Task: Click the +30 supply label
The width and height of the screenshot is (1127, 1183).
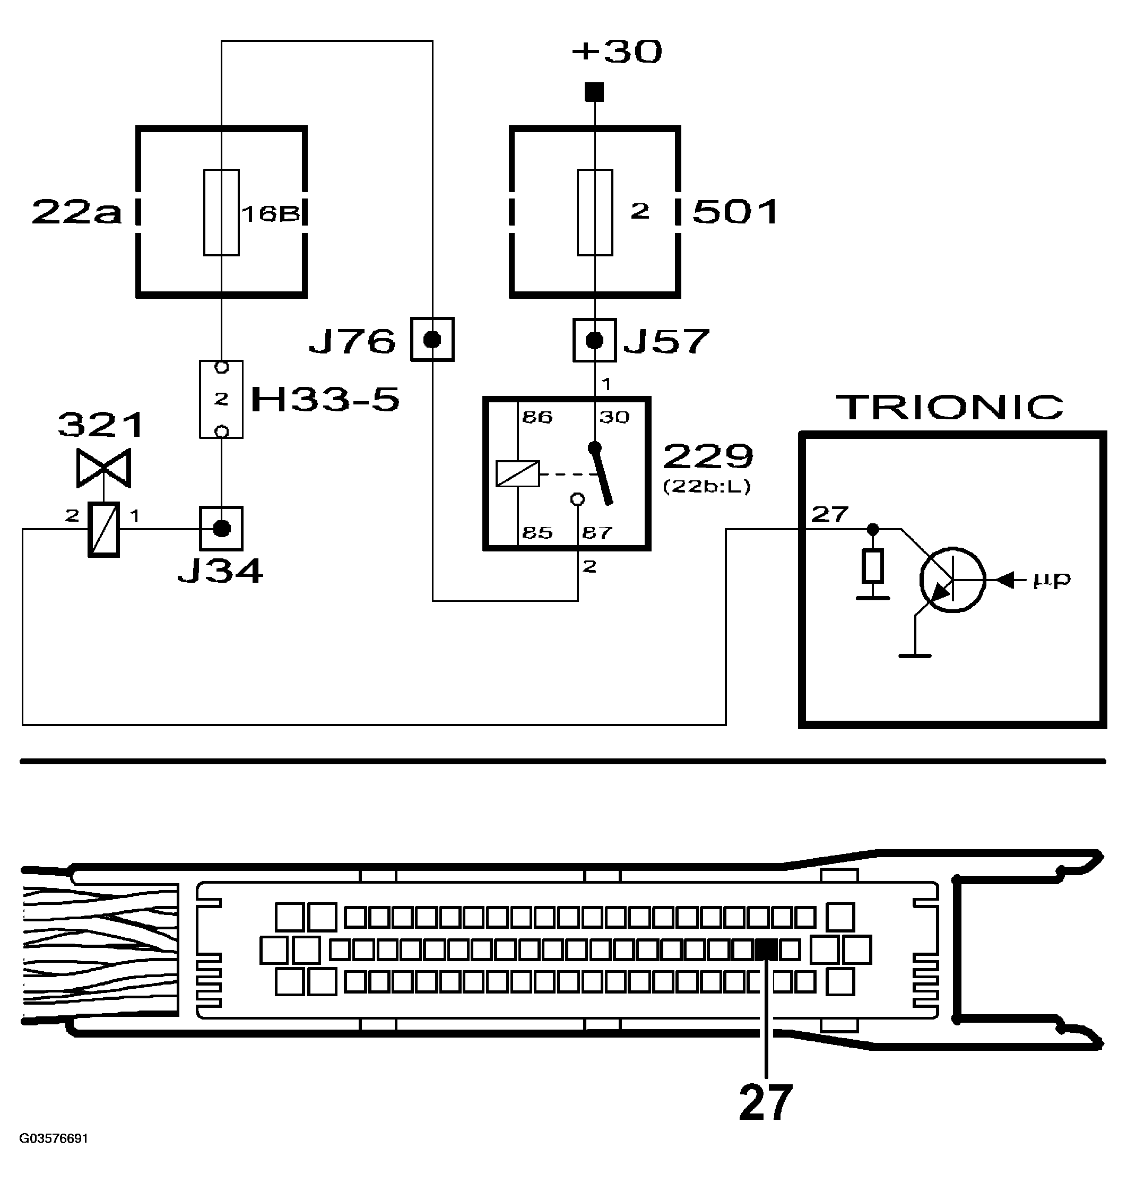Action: point(617,51)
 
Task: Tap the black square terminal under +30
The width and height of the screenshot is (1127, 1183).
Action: point(594,92)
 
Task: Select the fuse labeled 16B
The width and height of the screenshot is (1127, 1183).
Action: point(221,212)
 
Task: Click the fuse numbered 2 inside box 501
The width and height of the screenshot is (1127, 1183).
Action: point(595,212)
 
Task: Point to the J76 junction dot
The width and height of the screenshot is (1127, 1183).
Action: point(432,340)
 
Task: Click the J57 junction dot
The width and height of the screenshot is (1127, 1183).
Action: point(594,341)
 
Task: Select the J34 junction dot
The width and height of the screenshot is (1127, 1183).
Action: point(222,529)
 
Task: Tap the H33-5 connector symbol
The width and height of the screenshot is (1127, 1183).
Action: point(221,399)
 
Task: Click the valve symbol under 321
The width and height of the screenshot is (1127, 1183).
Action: point(103,468)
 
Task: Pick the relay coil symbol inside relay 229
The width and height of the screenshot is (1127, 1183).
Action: point(517,473)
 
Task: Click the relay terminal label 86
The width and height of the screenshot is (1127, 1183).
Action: point(536,417)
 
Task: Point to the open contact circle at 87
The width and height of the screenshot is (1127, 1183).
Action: point(577,499)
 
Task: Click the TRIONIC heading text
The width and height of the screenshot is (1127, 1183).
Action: point(949,408)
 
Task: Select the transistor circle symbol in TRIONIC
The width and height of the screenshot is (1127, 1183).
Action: point(952,580)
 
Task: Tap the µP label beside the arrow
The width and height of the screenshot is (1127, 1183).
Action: point(1051,580)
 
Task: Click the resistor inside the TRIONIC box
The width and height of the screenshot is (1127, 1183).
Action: point(872,566)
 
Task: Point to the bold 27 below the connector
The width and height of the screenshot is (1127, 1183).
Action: point(765,1102)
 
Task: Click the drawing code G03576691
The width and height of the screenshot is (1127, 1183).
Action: point(54,1138)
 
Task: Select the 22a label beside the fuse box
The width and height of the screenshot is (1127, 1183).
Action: point(76,212)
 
